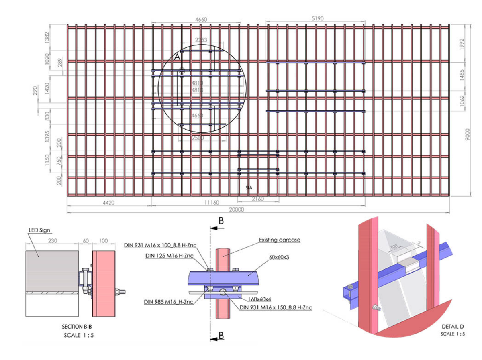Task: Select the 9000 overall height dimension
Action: tap(467, 138)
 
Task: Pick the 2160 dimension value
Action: tap(257, 199)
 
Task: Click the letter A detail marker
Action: tap(177, 57)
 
